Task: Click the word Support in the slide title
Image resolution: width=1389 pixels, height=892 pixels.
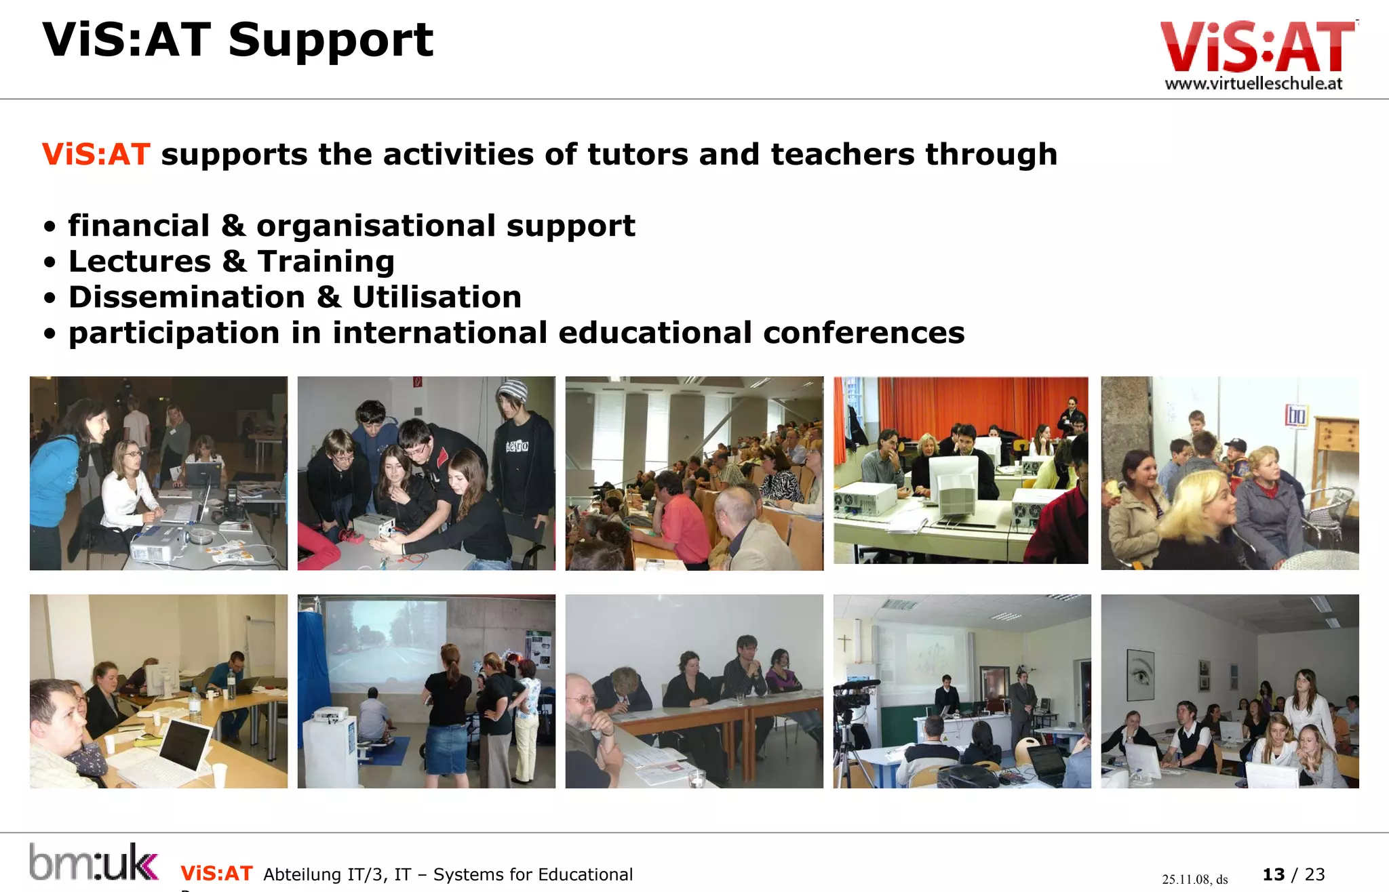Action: (330, 41)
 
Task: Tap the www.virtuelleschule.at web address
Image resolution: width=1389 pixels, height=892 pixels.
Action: (1253, 84)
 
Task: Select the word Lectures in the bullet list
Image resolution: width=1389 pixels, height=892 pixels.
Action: (140, 262)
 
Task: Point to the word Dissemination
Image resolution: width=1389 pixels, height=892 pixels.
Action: (187, 298)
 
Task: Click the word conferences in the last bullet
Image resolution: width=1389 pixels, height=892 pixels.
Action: (863, 333)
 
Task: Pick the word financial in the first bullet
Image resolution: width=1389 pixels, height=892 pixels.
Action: (139, 226)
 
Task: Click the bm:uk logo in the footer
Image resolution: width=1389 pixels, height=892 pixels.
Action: (94, 862)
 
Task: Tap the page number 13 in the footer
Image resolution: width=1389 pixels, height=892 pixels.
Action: (1273, 874)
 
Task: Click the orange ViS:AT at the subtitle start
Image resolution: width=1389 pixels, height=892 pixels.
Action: (96, 155)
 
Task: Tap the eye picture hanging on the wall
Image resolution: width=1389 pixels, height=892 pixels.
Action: (1140, 674)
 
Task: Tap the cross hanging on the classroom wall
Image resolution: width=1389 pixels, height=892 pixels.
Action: (844, 641)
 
